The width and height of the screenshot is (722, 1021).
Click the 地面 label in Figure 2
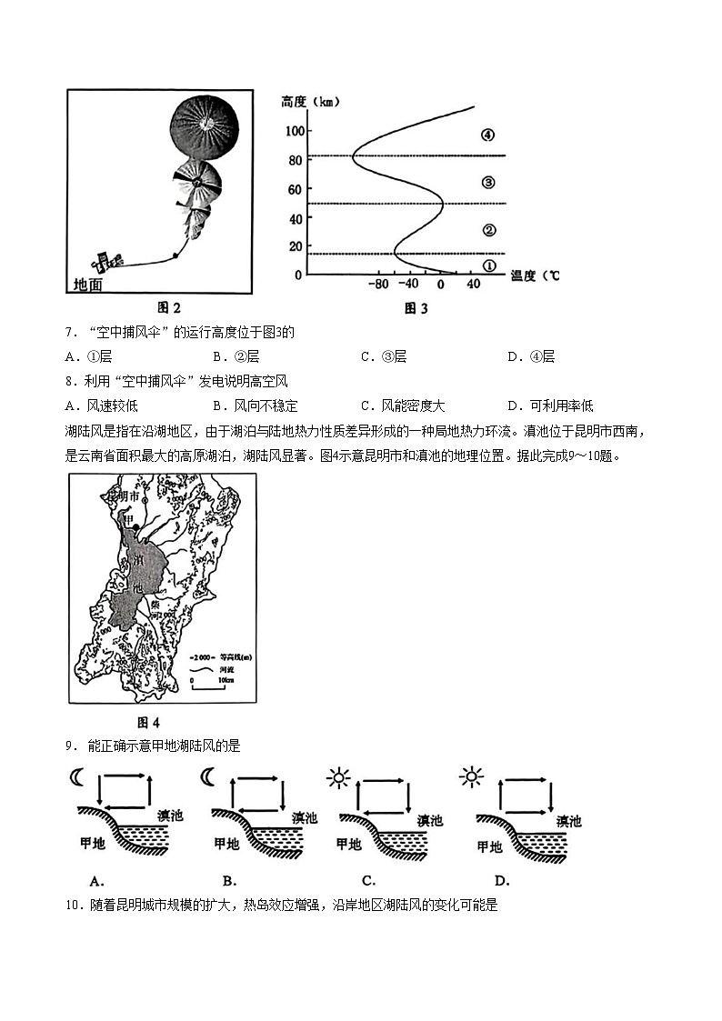pyautogui.click(x=88, y=285)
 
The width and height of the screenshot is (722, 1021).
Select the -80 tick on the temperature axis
pyautogui.click(x=378, y=285)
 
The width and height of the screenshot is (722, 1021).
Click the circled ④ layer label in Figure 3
pyautogui.click(x=487, y=135)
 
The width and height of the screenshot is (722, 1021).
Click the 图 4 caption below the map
pyautogui.click(x=148, y=723)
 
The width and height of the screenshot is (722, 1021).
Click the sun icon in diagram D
pyautogui.click(x=471, y=777)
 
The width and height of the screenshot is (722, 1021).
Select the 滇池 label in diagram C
pyautogui.click(x=429, y=820)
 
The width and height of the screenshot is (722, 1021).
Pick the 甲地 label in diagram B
pyautogui.click(x=226, y=844)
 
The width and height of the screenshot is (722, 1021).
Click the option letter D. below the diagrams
pyautogui.click(x=501, y=879)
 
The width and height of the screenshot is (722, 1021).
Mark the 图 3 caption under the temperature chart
pyautogui.click(x=416, y=308)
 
